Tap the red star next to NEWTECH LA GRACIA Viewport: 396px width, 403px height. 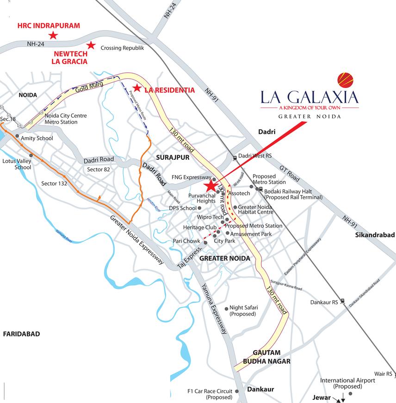pos(91,45)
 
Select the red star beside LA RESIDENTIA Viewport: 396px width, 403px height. pos(136,88)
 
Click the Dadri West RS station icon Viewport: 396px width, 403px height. pos(235,157)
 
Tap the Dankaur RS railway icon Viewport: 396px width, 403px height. pos(342,301)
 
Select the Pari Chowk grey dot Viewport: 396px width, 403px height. pos(205,242)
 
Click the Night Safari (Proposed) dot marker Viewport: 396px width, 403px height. pos(226,308)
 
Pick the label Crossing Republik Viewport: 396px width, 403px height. pos(123,48)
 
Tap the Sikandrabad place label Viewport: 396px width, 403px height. pos(375,235)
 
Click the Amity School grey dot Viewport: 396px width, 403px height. pos(18,137)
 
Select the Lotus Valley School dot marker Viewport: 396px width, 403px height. pos(31,156)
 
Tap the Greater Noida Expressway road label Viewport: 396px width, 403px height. pos(137,240)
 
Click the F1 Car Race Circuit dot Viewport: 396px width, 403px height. pos(237,391)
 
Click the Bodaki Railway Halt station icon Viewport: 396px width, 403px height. pos(261,189)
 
